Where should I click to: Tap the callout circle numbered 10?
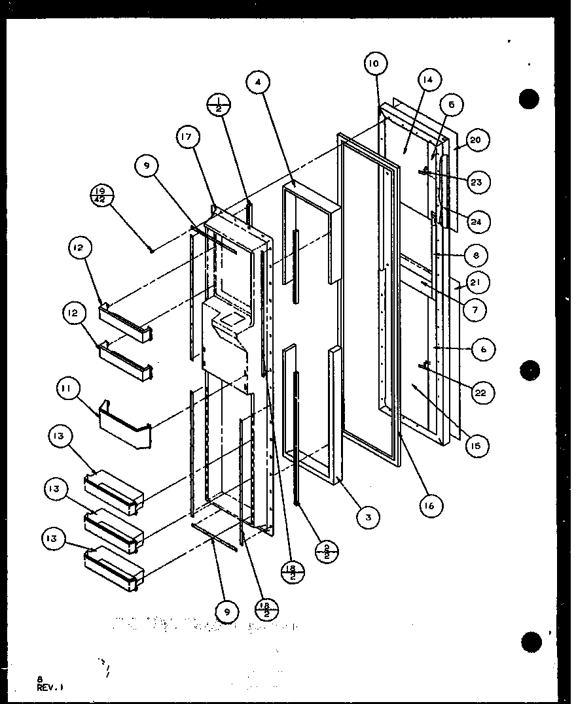[x=374, y=63]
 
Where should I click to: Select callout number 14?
[x=427, y=80]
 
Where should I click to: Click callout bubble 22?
[x=483, y=392]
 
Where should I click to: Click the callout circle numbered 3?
[x=369, y=517]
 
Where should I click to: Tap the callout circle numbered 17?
[x=187, y=138]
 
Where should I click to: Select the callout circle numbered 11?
[x=69, y=393]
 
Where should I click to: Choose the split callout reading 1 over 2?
[x=217, y=104]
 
